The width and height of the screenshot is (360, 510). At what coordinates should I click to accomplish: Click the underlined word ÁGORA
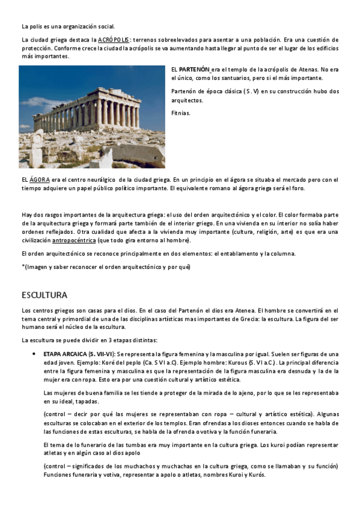(40, 180)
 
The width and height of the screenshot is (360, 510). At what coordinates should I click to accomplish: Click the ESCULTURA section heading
(44, 295)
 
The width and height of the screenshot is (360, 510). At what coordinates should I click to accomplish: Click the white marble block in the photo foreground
(37, 147)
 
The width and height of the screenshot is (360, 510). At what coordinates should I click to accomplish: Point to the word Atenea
(231, 311)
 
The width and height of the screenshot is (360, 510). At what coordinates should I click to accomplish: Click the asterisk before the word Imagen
(23, 266)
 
